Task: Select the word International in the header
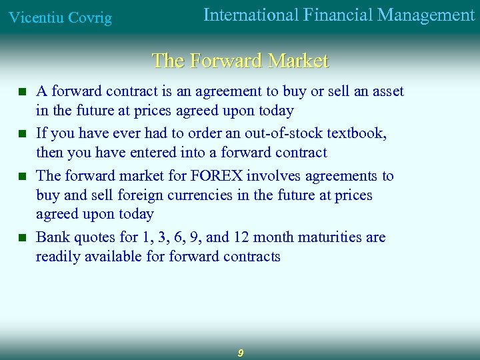249,15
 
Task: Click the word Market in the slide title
298,61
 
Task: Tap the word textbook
361,133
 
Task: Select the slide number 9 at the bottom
240,353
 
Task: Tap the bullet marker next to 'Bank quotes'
22,238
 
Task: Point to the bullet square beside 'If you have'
22,133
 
